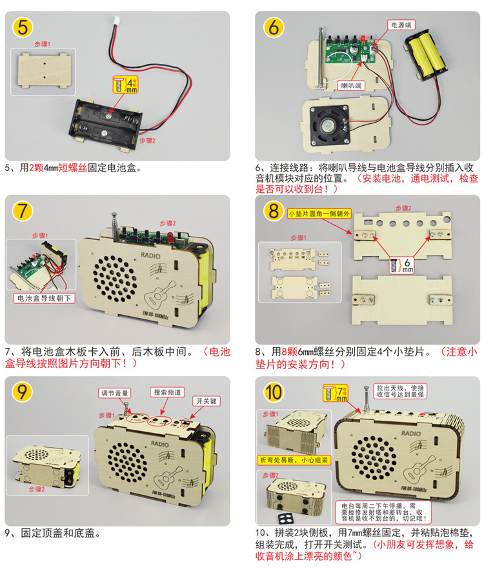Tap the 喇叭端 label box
point(352,85)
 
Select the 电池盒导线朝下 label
point(45,299)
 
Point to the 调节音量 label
point(116,392)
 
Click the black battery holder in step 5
point(108,121)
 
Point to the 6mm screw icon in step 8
point(393,265)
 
